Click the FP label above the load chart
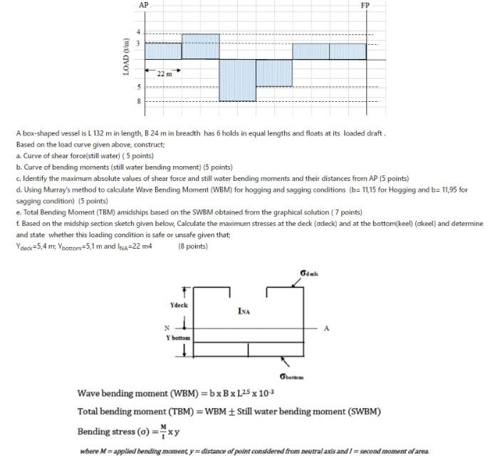tap(365, 5)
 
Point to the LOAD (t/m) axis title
tap(126, 56)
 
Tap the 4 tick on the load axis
tap(140, 33)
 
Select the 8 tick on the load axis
tap(140, 101)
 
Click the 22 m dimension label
tap(164, 72)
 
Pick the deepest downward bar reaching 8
tap(237, 80)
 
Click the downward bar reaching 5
tap(273, 73)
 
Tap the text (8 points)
tap(192, 247)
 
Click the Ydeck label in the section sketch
tap(179, 305)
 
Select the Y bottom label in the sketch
tap(177, 336)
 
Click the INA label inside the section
tap(244, 311)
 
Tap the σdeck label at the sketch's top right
tap(310, 274)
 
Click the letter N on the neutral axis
tap(167, 328)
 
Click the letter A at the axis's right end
tap(327, 328)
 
